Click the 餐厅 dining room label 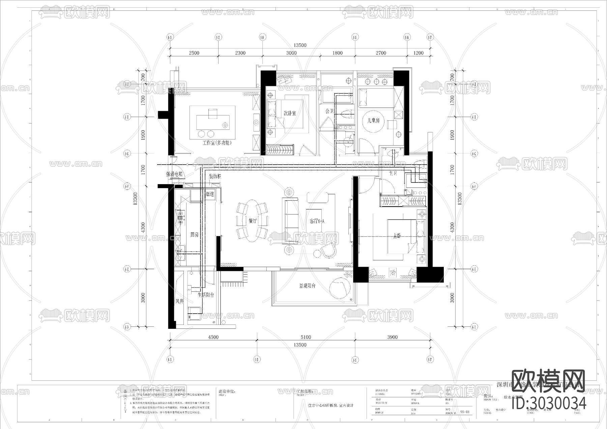click(253, 221)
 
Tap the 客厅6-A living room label click(317, 221)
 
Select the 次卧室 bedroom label click(289, 113)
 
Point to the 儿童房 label click(373, 120)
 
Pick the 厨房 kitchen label click(194, 235)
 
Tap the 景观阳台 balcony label click(307, 286)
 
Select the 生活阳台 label click(206, 295)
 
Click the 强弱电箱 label click(174, 174)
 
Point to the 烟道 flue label click(210, 194)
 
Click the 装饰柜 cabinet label click(215, 176)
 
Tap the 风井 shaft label click(179, 301)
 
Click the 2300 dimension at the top click(240, 53)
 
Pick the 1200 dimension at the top click(418, 53)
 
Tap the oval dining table click(252, 221)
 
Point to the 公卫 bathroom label click(329, 111)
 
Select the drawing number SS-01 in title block click(464, 412)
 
